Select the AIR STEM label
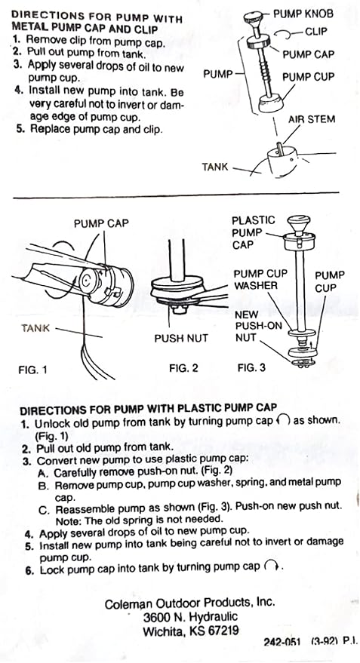point(312,119)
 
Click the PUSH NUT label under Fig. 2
point(180,338)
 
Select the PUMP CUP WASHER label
point(260,280)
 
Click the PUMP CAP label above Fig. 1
point(101,223)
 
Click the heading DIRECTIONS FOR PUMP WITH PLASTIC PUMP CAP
point(148,410)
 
